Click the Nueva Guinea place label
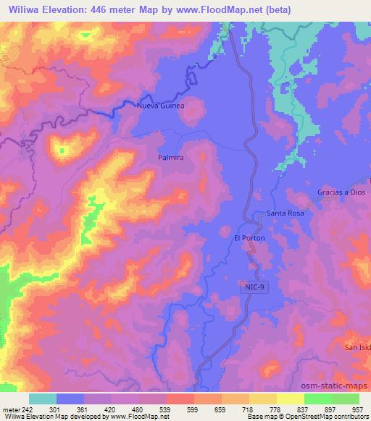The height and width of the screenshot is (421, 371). coord(161,106)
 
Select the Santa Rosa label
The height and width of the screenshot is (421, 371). coord(285,213)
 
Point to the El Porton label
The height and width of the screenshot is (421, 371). coord(249,238)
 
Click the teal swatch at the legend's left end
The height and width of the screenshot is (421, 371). coord(43,399)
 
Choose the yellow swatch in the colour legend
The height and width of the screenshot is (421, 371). coord(290,399)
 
